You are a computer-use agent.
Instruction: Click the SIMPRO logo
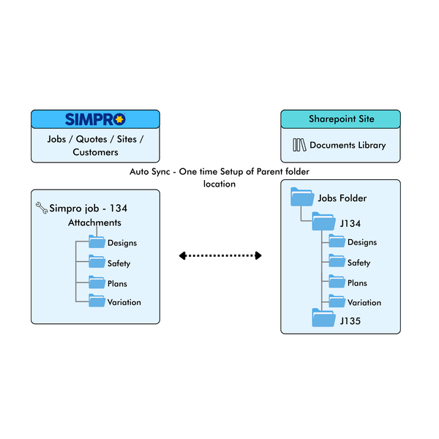[x=95, y=119]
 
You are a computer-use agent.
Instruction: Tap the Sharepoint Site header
[x=340, y=119]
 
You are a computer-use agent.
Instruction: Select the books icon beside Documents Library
[x=299, y=145]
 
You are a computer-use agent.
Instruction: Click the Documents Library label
[x=348, y=145]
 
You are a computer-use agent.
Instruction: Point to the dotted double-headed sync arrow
[x=220, y=255]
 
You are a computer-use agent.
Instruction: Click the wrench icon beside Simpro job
[x=42, y=209]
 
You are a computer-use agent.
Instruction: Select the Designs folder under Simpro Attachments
[x=97, y=242]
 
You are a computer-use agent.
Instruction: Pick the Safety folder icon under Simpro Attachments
[x=97, y=262]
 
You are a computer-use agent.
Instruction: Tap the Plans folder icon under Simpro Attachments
[x=97, y=282]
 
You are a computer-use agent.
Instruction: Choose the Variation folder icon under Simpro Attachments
[x=97, y=301]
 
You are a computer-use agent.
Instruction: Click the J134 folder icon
[x=323, y=222]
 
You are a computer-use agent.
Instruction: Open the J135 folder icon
[x=323, y=318]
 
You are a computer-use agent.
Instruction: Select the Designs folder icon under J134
[x=337, y=242]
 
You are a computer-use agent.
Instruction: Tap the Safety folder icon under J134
[x=337, y=262]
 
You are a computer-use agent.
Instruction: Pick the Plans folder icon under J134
[x=337, y=282]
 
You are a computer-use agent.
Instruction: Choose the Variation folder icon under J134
[x=337, y=301]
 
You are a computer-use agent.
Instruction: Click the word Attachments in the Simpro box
[x=94, y=222]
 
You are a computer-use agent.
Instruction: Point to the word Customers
[x=95, y=152]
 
